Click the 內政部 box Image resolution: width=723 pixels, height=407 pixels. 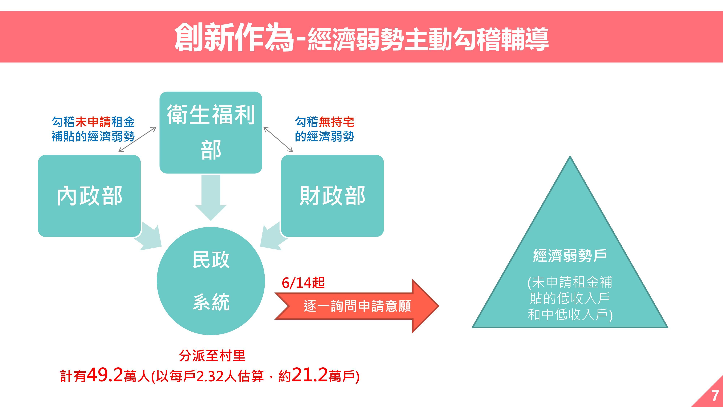click(89, 196)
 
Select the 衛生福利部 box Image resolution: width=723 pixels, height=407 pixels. click(211, 132)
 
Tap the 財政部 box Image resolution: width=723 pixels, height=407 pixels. click(332, 196)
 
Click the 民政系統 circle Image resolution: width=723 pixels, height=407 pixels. click(211, 281)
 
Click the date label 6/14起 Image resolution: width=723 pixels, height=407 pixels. click(303, 283)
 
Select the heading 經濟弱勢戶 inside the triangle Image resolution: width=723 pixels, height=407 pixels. click(570, 256)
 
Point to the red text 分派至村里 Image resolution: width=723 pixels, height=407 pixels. click(212, 356)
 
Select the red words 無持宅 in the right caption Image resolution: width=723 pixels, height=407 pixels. click(336, 122)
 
